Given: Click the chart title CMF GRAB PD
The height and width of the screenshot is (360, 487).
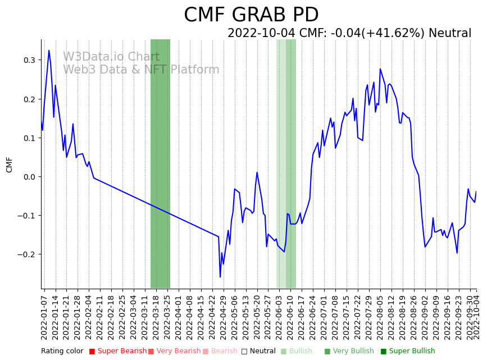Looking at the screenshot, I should (251, 15).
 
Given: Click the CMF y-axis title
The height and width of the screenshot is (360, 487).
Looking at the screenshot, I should (10, 165).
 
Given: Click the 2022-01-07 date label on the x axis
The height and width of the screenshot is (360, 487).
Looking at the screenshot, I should (44, 315).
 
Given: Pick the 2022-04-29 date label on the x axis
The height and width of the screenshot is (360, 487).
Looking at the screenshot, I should (223, 315).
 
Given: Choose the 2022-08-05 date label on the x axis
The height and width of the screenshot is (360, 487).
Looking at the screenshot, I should (380, 315).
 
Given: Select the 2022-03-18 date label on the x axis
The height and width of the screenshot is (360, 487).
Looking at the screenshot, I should (156, 315).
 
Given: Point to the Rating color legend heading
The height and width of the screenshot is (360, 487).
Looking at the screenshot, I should (62, 351).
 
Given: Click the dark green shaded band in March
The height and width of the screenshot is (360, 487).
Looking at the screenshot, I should (160, 163).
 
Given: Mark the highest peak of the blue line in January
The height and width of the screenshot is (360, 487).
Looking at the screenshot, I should (49, 51).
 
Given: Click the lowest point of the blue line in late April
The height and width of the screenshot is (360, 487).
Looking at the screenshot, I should (220, 277).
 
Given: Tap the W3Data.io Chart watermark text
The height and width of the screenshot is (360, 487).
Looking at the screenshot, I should (111, 57).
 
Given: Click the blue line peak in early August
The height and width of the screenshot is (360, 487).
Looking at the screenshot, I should (380, 69).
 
